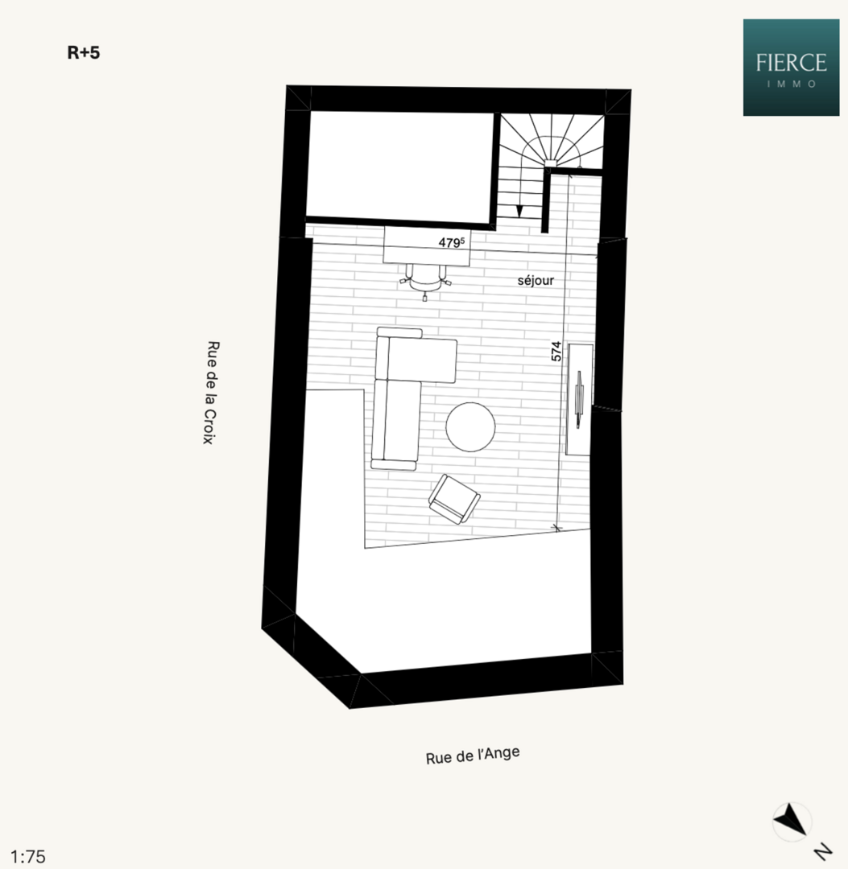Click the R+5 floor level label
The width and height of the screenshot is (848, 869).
(x=83, y=54)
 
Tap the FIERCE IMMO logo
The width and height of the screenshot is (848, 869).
(x=790, y=68)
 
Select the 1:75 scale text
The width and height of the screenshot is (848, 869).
(x=28, y=856)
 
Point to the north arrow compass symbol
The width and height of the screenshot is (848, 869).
(x=791, y=821)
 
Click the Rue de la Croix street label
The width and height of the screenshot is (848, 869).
(x=211, y=393)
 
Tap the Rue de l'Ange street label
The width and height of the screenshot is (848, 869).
(x=473, y=756)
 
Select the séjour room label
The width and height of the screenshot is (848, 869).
(x=536, y=281)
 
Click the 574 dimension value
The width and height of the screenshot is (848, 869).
(x=556, y=351)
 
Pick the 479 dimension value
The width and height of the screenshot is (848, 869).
(x=452, y=241)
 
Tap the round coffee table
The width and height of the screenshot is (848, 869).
(x=471, y=427)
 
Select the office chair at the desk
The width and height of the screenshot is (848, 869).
(x=425, y=279)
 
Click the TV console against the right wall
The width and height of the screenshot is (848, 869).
(x=580, y=398)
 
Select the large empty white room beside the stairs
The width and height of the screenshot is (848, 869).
(x=400, y=167)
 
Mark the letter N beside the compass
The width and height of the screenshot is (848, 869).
(x=821, y=850)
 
